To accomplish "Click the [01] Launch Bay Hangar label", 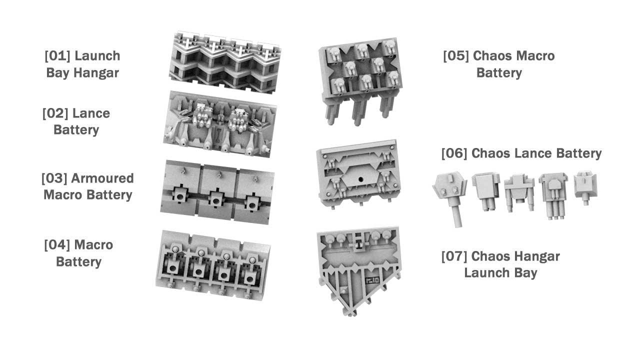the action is pos(82,64).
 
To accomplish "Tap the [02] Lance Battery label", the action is pos(76,121).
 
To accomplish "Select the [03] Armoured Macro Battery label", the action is pos(87,186).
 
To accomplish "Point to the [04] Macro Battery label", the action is pos(78,253).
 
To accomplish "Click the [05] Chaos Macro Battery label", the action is pos(499,64).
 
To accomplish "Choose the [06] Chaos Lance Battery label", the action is pos(521,153).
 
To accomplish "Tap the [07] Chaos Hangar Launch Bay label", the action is pos(500,264).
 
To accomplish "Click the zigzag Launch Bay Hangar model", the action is pos(225,62).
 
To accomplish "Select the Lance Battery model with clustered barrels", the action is pos(219,124).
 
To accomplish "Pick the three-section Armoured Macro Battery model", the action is pos(217,192).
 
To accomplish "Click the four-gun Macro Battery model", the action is pos(213,265).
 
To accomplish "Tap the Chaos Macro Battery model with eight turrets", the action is pos(360,81).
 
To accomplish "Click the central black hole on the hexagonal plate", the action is pos(360,179).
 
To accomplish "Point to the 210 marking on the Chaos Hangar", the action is pos(372,280).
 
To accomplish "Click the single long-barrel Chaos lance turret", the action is pos(450,199).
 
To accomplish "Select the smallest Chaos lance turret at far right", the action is pos(585,187).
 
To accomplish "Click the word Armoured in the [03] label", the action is pos(102,178).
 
